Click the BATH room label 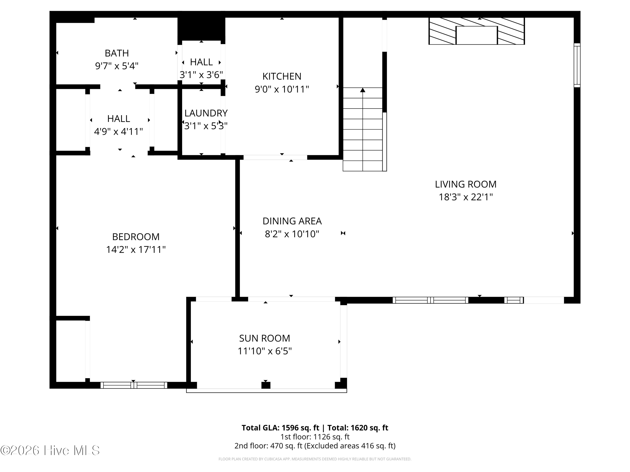pos(117,53)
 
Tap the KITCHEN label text pos(282,76)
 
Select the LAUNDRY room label pos(206,113)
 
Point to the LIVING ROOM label pos(466,184)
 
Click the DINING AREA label pos(292,221)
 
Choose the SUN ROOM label pos(265,338)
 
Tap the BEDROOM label pos(136,237)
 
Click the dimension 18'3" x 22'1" pos(466,197)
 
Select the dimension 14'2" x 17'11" pos(136,249)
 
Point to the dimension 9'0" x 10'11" pos(282,89)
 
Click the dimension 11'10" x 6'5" pos(265,351)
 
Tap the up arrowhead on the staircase pos(362,90)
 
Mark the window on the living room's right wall pos(577,65)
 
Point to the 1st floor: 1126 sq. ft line pos(315,437)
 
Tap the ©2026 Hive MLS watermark pos(50,450)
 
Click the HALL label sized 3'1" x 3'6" pos(201,62)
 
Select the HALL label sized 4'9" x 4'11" pos(118,119)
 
